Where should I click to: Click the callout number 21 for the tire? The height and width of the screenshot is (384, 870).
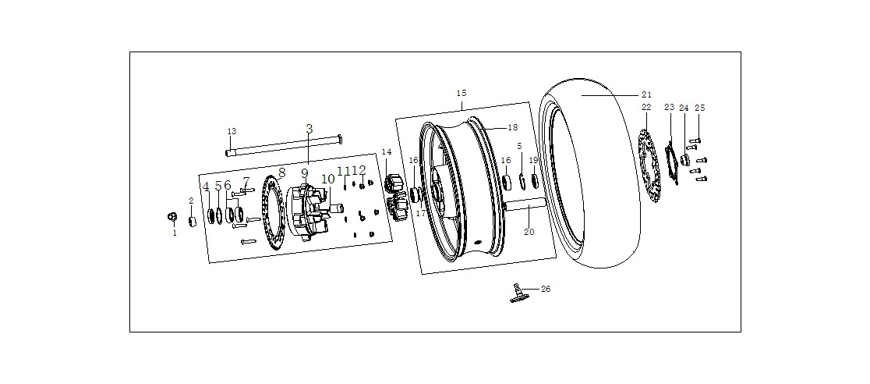point(646,95)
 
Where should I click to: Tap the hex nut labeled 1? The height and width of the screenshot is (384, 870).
point(172,217)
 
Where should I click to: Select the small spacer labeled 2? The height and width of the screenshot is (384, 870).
point(193,222)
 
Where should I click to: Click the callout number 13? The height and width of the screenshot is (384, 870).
point(232,131)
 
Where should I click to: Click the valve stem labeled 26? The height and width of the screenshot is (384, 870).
point(517,293)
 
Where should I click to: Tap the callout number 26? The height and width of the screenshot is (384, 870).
point(546,289)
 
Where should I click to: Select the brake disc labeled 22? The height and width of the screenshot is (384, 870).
point(648,165)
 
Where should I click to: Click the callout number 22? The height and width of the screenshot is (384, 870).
point(646,107)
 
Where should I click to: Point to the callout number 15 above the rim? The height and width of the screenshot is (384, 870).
point(462,93)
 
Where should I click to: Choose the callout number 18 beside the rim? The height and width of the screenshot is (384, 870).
point(513,127)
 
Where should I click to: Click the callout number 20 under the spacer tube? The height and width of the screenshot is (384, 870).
point(529,232)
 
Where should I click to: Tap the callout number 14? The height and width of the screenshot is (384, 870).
point(386,151)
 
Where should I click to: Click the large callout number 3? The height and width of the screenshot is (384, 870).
point(309,129)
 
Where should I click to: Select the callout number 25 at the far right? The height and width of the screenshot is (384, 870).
point(699,108)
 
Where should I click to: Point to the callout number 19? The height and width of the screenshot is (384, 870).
point(534,160)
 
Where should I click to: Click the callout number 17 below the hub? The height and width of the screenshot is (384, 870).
point(421,213)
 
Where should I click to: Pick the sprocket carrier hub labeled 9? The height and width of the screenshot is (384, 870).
point(308,213)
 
